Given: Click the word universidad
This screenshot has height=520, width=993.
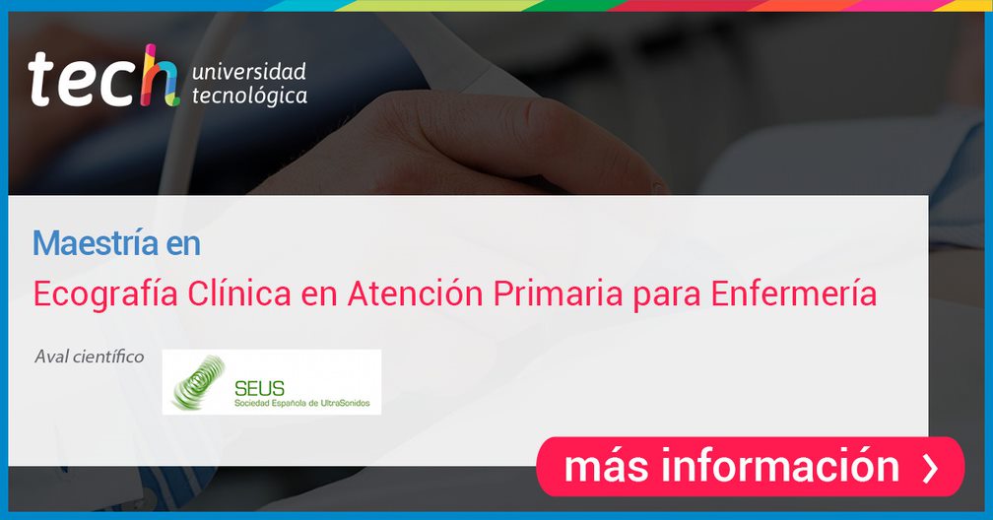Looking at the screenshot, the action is (x=249, y=71).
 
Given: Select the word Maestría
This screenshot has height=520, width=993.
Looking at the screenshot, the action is (x=95, y=243).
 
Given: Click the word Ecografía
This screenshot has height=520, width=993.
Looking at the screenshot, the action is (x=105, y=294).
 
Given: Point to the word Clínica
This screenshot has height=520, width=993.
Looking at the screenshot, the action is (x=239, y=292).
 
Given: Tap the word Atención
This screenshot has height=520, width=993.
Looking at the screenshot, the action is (x=416, y=292).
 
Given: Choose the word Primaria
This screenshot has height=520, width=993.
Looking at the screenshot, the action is (x=559, y=293).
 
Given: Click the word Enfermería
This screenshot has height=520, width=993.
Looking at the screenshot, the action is (x=794, y=292).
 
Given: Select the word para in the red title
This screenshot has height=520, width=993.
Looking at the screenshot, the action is (x=667, y=297).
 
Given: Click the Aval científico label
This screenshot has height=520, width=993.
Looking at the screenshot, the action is (x=90, y=357).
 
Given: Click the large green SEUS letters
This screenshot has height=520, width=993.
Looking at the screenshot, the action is (x=260, y=388).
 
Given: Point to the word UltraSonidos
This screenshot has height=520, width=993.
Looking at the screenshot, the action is (x=346, y=403).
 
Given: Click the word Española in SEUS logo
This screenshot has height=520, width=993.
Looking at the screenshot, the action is (x=290, y=404).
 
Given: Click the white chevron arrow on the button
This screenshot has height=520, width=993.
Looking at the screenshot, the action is (x=930, y=467).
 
